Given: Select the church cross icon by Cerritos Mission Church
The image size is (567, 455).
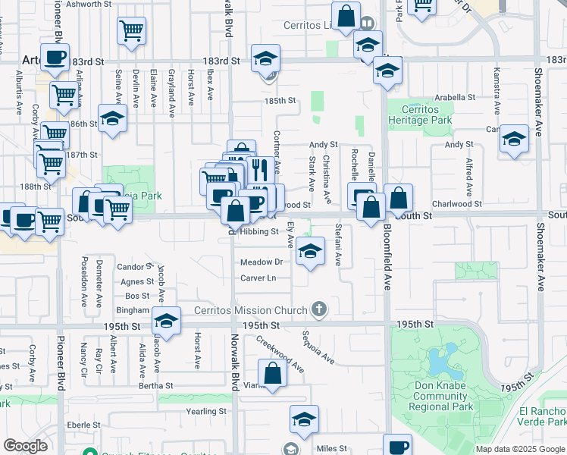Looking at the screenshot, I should tap(319, 309).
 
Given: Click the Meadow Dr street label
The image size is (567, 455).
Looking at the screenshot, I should tap(261, 262).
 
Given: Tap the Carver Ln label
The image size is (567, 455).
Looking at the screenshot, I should tap(258, 278).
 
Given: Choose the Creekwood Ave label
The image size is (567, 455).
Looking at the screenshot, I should tap(280, 354).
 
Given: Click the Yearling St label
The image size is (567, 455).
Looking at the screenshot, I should tap(208, 411).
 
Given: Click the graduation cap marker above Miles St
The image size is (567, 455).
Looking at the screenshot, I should tap(304, 419).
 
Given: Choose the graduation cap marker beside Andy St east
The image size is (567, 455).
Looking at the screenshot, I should tap(514, 138).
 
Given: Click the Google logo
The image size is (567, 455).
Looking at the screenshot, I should tap(25, 446).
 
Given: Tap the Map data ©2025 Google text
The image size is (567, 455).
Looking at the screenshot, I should tap(520, 449).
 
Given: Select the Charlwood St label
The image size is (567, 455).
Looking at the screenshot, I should tap(456, 204).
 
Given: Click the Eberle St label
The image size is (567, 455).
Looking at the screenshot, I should tap(79, 425).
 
